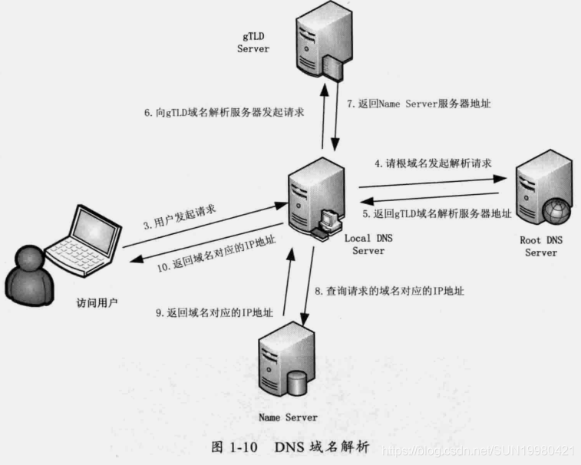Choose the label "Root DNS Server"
[x=540, y=246]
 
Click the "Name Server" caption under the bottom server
[x=287, y=417]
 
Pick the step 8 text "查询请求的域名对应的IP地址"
[x=389, y=291]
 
